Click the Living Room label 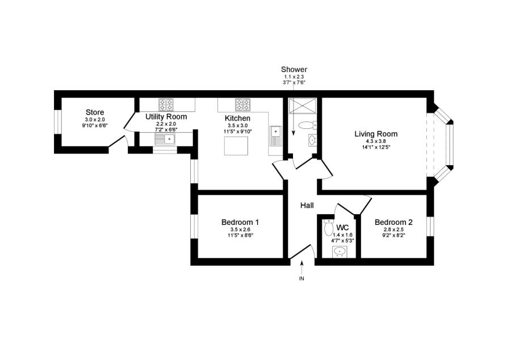point(376,134)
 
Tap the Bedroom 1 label point(240,222)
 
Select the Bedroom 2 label point(393,222)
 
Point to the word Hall point(307,206)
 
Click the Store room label point(95,112)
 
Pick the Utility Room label point(166,116)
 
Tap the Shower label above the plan point(294,70)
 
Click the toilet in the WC point(328,228)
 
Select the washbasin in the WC point(340,251)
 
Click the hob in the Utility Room point(166,104)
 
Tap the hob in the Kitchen point(243,104)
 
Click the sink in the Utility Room point(165,139)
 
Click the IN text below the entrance point(301,279)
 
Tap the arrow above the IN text point(301,265)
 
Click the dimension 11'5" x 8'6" point(240,235)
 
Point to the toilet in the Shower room point(307,125)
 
